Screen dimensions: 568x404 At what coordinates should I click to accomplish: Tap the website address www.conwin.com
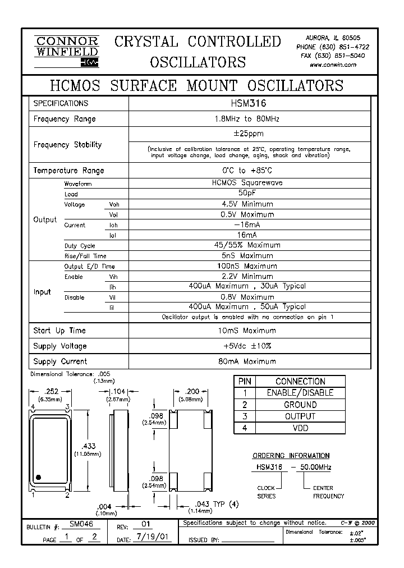[333, 65]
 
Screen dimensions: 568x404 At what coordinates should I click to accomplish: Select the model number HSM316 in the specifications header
[249, 103]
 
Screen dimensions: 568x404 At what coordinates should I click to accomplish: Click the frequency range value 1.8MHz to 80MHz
[249, 119]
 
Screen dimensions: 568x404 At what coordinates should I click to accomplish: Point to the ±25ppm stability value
[249, 134]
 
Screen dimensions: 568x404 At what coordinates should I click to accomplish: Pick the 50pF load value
[249, 194]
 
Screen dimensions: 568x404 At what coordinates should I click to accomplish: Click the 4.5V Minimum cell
[249, 204]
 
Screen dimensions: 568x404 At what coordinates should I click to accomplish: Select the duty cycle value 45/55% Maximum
[249, 245]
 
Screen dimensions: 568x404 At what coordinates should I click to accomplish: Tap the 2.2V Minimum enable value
[249, 276]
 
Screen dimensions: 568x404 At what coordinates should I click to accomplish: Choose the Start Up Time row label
[59, 331]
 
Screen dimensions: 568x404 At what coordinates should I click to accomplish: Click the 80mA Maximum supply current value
[249, 361]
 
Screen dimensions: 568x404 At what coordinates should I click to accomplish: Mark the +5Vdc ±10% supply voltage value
[249, 346]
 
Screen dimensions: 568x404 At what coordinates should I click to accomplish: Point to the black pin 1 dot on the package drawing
[39, 478]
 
